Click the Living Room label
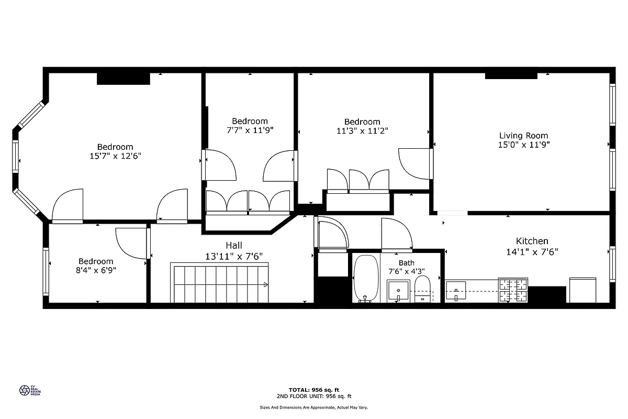(523, 136)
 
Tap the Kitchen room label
(532, 241)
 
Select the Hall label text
(234, 245)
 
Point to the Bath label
(406, 263)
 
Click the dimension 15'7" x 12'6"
(115, 156)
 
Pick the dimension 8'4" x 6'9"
(96, 271)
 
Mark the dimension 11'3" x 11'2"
(362, 131)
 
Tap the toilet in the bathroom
(422, 289)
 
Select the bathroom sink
(399, 290)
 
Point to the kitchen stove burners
(513, 290)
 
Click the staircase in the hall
(220, 283)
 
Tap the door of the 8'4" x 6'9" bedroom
(130, 243)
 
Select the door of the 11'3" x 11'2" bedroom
(414, 164)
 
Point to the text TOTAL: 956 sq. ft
(314, 390)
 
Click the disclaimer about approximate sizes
(314, 407)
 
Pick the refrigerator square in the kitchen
(582, 290)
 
